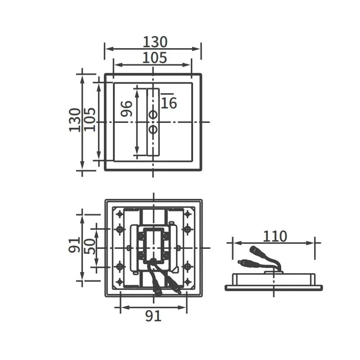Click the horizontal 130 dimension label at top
tap(155, 42)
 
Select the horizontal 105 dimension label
tap(155, 58)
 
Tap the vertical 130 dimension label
tap(75, 120)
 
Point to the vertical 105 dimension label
tap(90, 119)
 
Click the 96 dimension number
tap(126, 108)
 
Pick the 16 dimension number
tap(169, 103)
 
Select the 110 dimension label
tap(275, 236)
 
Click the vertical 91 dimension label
tap(74, 245)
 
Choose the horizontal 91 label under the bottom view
tap(153, 316)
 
